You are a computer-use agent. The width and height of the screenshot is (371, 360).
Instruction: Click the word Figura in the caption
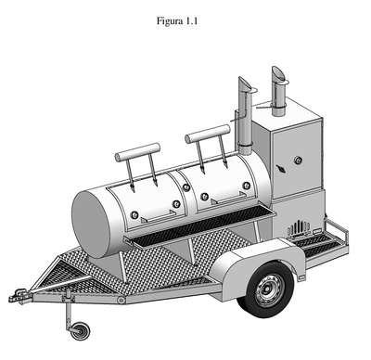(170, 21)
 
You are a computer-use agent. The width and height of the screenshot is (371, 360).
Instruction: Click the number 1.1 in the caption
(191, 21)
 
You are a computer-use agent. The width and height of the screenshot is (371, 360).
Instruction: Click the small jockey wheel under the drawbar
(80, 331)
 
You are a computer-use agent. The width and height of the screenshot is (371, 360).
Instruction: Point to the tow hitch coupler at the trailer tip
(20, 296)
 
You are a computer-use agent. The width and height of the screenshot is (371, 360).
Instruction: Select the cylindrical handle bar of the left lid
(138, 152)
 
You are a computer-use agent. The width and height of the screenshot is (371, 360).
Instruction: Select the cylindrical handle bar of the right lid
(208, 134)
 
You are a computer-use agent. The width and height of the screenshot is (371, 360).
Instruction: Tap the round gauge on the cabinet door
(299, 160)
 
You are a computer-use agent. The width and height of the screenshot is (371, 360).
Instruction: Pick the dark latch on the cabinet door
(282, 169)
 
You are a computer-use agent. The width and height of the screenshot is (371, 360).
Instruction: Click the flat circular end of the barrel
(91, 224)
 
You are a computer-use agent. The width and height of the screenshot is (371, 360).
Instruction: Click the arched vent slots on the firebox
(299, 228)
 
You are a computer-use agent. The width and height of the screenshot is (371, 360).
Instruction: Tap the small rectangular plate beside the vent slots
(317, 231)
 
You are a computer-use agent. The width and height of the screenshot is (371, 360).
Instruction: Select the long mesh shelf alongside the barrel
(201, 224)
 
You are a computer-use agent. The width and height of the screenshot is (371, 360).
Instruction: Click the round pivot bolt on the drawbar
(122, 300)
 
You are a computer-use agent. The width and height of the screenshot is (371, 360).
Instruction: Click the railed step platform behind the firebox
(323, 242)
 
